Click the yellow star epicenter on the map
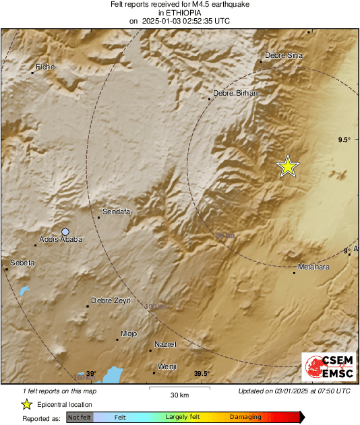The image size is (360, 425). (288, 166)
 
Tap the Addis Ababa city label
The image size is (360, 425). (61, 239)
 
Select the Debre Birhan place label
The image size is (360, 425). (235, 93)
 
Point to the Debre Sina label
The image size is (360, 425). (284, 55)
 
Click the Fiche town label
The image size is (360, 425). (45, 67)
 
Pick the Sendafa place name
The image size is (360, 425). (116, 212)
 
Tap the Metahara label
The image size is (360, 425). (313, 267)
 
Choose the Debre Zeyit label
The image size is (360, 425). (111, 300)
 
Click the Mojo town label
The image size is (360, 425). (129, 333)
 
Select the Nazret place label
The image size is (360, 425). (165, 344)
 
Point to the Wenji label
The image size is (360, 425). (167, 366)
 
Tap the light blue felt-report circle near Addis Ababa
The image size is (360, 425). (65, 231)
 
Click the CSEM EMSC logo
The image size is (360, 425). (326, 368)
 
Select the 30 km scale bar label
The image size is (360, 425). (179, 394)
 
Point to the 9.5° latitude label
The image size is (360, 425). (344, 139)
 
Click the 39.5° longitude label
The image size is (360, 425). (202, 374)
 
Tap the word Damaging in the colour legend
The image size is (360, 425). (245, 417)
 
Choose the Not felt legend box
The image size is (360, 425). (79, 417)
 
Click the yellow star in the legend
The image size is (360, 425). (26, 404)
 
